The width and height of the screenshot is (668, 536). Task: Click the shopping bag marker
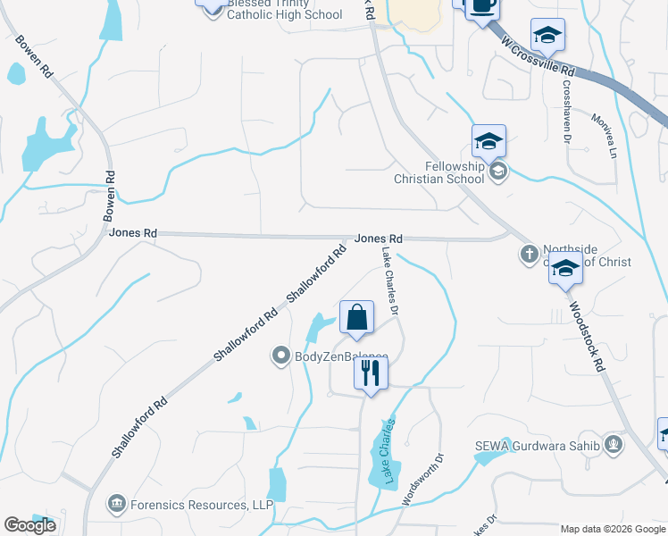(x=356, y=318)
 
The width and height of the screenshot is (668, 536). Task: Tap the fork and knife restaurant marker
(x=372, y=373)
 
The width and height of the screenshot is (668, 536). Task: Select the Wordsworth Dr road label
(x=423, y=482)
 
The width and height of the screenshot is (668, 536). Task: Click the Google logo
(x=29, y=526)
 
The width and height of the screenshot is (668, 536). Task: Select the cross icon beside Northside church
(x=528, y=255)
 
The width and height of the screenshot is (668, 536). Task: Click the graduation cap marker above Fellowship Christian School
(x=488, y=141)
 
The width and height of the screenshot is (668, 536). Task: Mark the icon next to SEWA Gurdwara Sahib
(x=613, y=444)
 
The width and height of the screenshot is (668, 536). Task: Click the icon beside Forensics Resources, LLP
(x=116, y=505)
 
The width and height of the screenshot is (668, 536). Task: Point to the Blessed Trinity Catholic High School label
(x=284, y=9)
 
